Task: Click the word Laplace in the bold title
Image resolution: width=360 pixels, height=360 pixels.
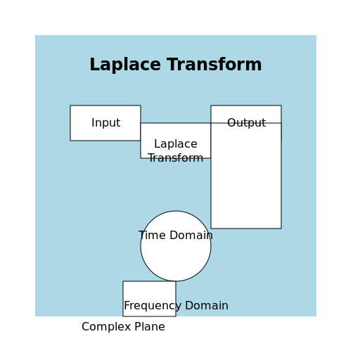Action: coord(125,65)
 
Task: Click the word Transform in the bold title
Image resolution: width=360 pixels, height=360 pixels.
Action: coord(214,64)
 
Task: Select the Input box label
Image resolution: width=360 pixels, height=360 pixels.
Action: coord(105,123)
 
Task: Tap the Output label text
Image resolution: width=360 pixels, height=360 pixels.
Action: coord(246,122)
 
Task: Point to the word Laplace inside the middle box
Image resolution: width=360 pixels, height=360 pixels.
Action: coord(176,144)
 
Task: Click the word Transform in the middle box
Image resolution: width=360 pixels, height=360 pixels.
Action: coord(176,157)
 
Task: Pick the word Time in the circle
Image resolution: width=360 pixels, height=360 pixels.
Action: coord(152,235)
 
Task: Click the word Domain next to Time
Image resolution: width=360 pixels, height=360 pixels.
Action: coord(191,235)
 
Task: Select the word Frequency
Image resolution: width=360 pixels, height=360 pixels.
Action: coord(153,306)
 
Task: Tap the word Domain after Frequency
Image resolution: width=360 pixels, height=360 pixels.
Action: coord(207,305)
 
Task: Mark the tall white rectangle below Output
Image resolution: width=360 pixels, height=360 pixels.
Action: coord(246,176)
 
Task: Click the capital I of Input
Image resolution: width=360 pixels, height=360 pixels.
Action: coord(93,122)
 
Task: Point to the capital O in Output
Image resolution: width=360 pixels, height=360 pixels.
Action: coord(231,122)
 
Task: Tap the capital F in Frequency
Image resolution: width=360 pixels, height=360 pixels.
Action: coord(127,305)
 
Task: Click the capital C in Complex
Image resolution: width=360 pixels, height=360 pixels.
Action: coord(86,326)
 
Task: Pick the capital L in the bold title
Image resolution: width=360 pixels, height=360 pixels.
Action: coord(94,64)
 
